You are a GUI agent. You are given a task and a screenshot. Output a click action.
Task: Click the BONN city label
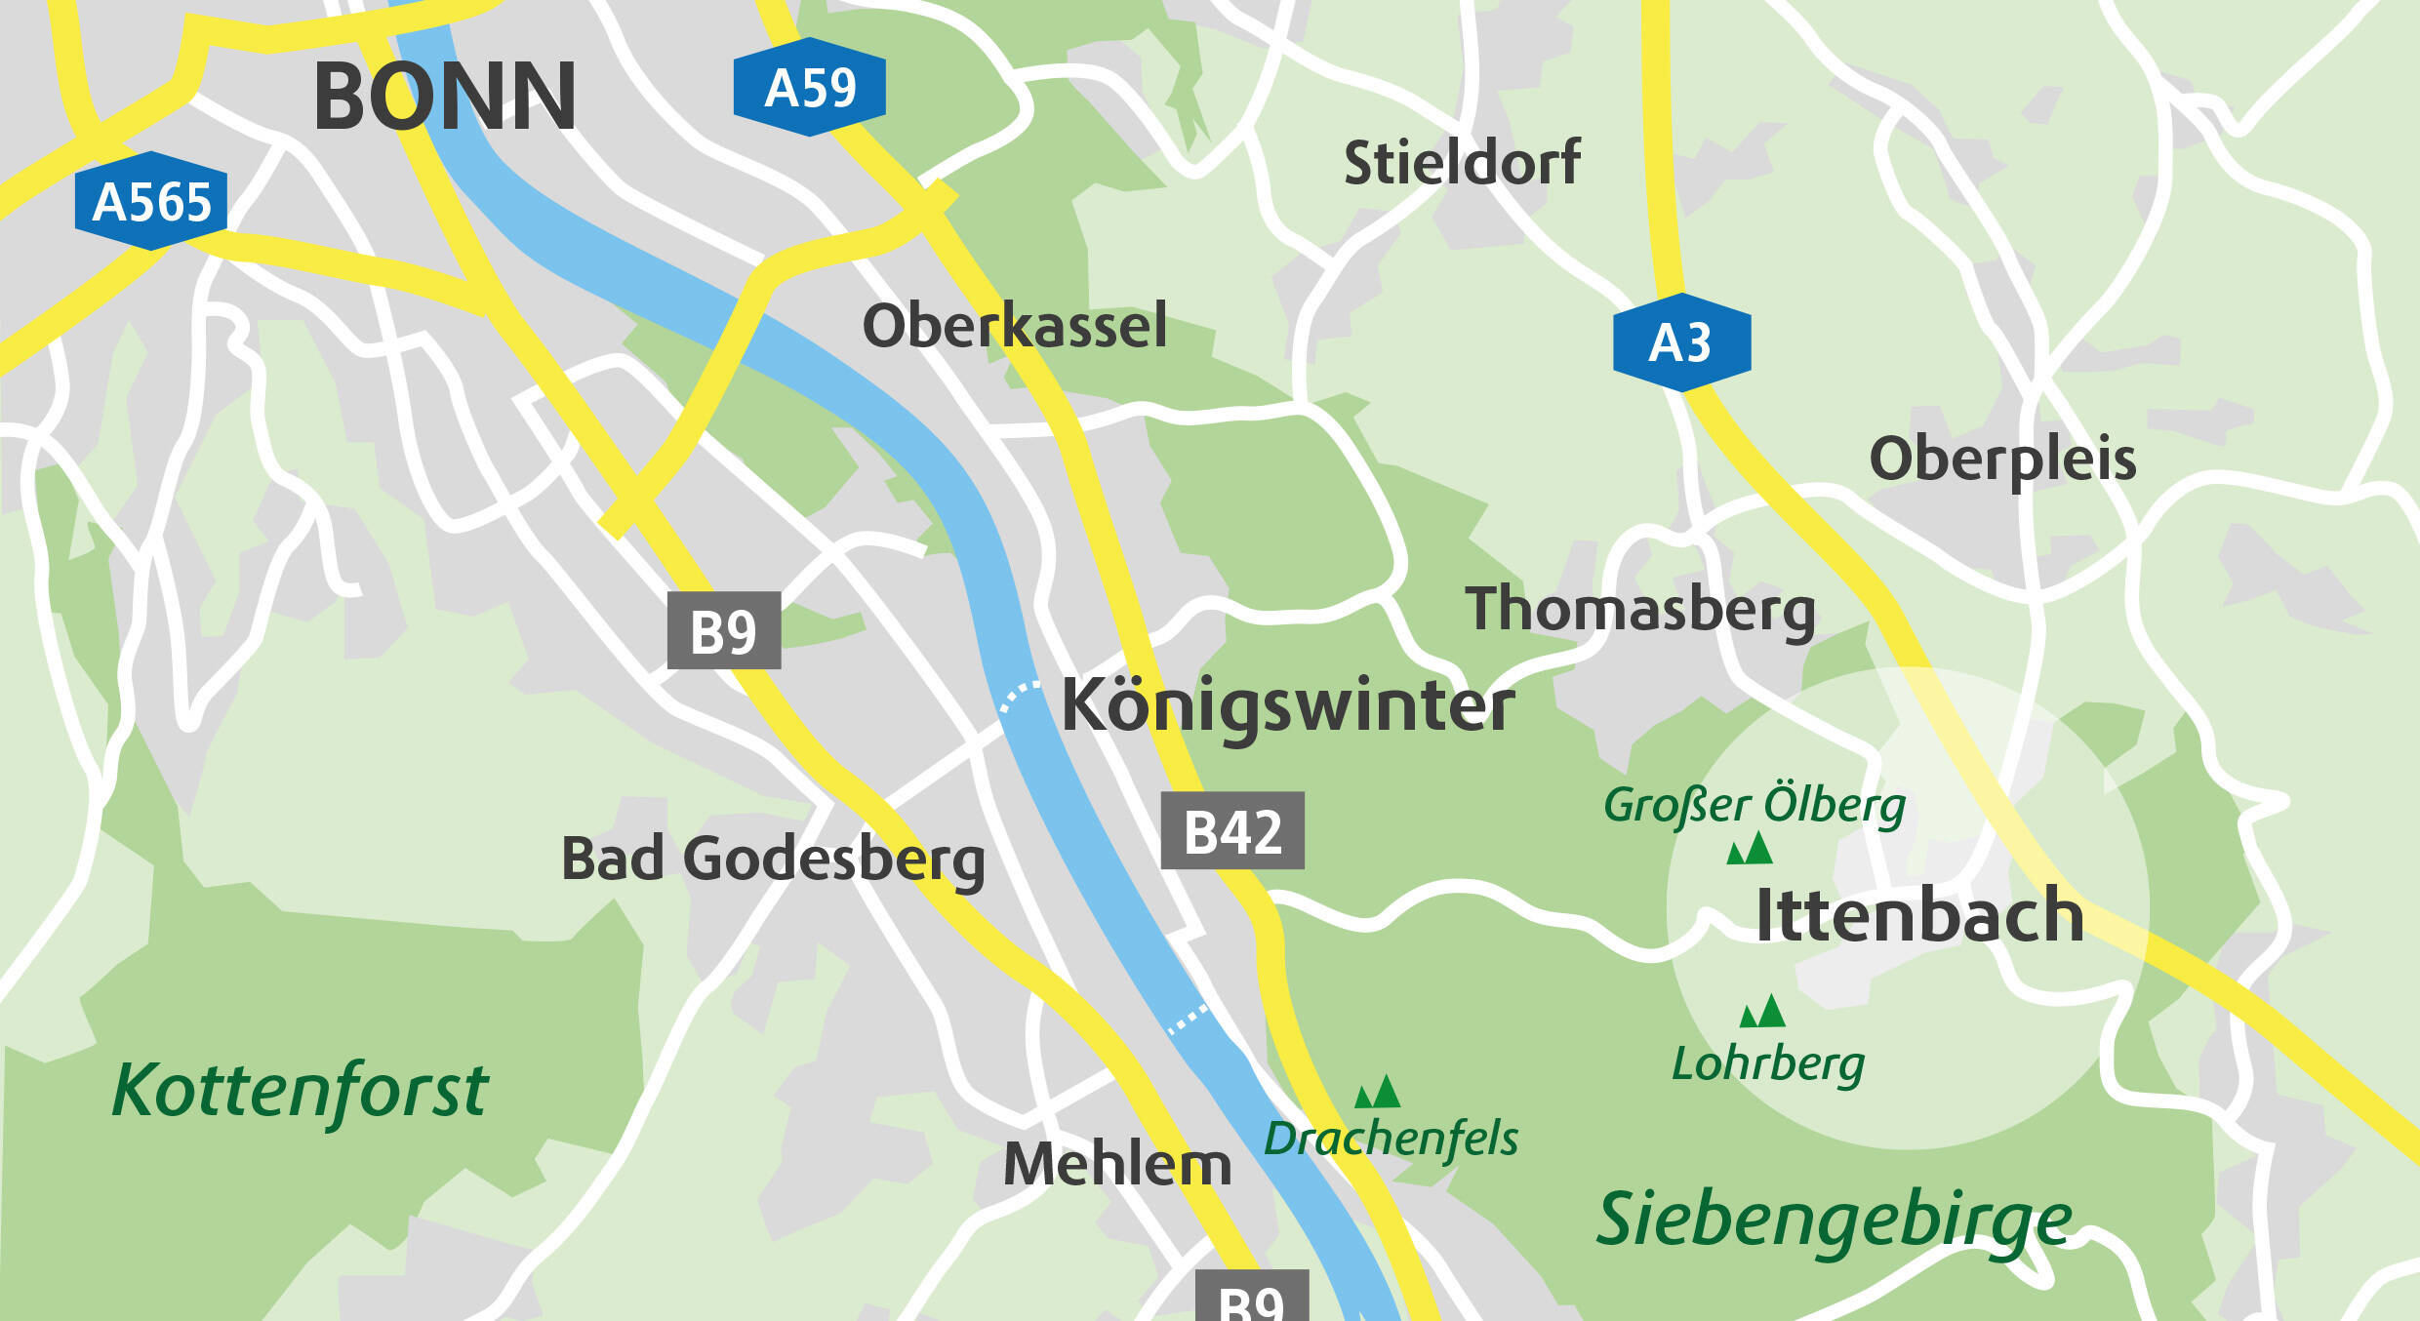point(444,97)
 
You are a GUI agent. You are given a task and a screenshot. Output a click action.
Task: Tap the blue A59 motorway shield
point(809,88)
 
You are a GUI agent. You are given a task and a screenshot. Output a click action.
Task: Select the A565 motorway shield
point(151,202)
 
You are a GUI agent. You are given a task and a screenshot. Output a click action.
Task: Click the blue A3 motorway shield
point(1681,342)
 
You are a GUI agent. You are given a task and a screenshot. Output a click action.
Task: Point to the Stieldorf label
point(1461,163)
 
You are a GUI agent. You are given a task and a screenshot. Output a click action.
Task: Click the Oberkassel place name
point(1014,326)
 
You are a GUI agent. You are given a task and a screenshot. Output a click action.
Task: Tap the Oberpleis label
point(2002,460)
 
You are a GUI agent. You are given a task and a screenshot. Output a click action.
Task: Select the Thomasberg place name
point(1639,610)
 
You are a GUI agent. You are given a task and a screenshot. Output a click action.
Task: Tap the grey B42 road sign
point(1232,831)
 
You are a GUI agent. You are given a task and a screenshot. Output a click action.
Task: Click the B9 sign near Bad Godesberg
point(723,631)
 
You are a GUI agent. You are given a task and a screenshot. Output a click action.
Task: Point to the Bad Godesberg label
point(773,860)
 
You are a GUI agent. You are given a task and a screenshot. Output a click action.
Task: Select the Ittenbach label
point(1918,916)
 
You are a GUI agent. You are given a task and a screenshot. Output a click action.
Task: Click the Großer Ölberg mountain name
point(1754,805)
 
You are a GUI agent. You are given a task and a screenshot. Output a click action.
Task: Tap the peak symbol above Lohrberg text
point(1762,1012)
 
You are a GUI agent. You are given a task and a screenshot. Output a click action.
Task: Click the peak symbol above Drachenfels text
point(1378,1092)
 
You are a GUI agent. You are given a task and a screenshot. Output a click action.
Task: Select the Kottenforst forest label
point(299,1091)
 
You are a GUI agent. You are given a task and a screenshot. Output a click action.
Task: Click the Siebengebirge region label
point(1834,1220)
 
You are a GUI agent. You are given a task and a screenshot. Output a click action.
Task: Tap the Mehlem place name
point(1117,1165)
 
